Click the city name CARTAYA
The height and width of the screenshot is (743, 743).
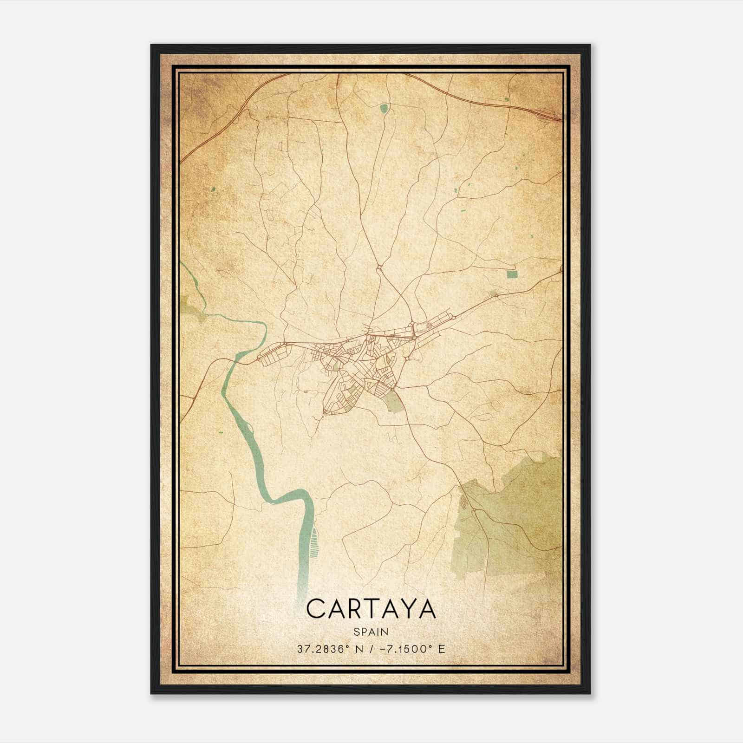371,609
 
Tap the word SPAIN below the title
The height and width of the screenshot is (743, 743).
371,632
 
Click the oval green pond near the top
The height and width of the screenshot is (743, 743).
384,109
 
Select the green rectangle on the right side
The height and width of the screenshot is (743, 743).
512,274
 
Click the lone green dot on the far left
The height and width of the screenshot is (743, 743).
213,189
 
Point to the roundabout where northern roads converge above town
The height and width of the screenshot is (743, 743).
380,267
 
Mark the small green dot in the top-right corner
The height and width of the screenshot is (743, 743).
506,98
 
